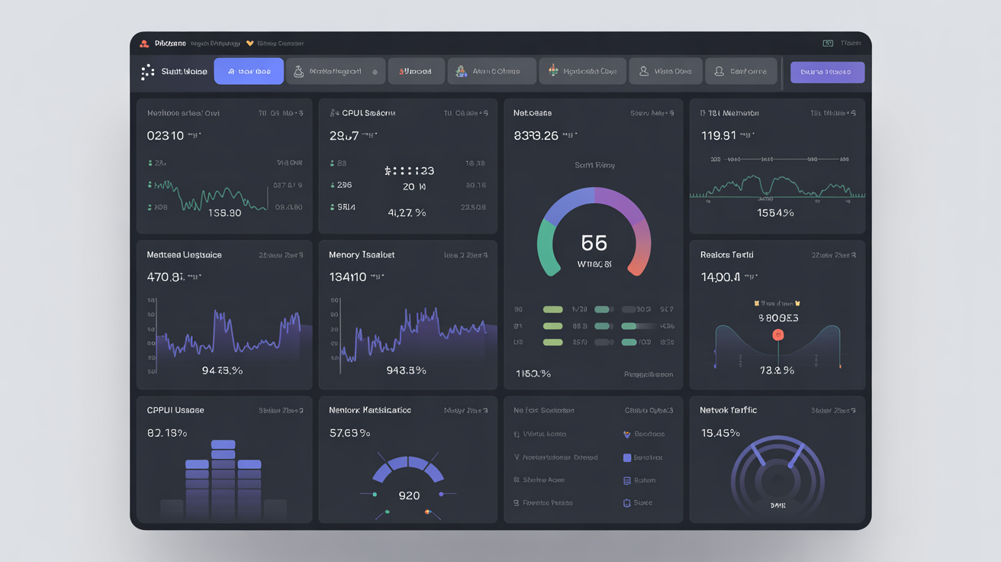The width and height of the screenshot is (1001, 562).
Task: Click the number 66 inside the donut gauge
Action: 594,243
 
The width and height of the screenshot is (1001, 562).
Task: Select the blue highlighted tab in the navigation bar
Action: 249,71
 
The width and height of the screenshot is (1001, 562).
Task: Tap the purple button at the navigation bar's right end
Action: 827,72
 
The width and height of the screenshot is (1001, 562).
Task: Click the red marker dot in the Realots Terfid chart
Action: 778,334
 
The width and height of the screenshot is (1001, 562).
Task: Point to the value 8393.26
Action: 536,136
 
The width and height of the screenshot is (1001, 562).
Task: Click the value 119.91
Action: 718,136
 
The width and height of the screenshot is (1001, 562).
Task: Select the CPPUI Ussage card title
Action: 175,410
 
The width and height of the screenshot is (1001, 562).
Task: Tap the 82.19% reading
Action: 167,433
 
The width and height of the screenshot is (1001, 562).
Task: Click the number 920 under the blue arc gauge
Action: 409,496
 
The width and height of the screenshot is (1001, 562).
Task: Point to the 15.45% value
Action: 719,433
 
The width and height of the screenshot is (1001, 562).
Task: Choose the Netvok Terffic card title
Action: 728,410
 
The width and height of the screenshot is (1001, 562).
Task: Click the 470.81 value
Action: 166,277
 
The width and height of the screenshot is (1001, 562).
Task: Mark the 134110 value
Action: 348,277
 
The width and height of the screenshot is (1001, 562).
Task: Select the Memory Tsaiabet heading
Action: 362,254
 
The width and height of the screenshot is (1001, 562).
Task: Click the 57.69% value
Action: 349,433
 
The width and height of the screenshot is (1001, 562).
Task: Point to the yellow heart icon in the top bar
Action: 249,44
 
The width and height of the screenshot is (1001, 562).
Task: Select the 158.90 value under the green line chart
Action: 224,213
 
